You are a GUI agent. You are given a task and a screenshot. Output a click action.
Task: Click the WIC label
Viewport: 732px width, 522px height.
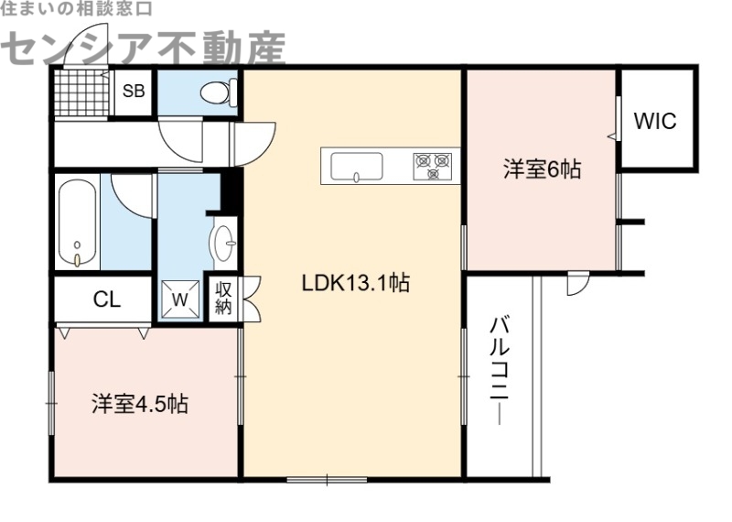655,121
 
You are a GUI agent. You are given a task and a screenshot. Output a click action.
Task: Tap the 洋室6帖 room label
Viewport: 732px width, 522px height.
541,169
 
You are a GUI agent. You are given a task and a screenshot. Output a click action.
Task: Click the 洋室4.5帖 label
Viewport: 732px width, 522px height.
139,404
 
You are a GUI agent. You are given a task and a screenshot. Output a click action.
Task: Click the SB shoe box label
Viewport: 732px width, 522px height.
134,91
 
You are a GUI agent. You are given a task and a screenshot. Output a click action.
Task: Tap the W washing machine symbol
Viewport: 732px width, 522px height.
180,299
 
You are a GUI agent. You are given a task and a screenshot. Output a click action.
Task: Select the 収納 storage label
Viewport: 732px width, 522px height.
224,298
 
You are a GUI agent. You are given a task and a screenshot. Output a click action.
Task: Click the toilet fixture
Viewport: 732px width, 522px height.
218,92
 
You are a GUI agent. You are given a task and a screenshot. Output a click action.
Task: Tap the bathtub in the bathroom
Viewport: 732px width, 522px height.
80,223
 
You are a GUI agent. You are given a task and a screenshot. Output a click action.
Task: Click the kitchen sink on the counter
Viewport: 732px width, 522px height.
356,167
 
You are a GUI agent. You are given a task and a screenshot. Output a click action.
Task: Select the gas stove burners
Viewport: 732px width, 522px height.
433,166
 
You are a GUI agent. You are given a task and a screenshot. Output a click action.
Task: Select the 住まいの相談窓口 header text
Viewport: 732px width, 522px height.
77,9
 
